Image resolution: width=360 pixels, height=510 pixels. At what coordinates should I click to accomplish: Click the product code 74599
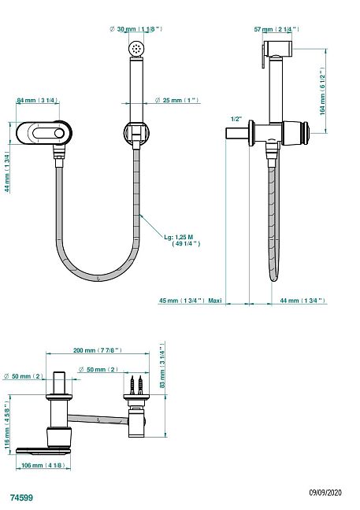pos(20,498)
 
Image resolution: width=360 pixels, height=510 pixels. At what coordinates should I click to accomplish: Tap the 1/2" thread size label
pos(235,119)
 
